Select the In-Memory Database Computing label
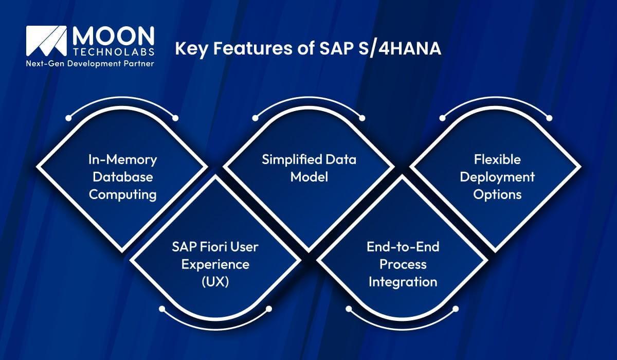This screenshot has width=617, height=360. click(x=122, y=177)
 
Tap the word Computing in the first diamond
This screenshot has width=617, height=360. click(x=122, y=194)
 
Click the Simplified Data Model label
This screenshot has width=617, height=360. click(x=309, y=168)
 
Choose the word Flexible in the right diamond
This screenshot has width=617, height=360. click(x=497, y=159)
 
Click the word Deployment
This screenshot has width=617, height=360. click(x=497, y=177)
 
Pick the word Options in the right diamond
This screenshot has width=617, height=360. click(x=497, y=194)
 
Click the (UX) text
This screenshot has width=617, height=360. click(x=215, y=282)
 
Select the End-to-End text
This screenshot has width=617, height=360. click(x=403, y=247)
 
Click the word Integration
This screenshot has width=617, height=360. click(x=403, y=282)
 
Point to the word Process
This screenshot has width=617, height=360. click(x=403, y=264)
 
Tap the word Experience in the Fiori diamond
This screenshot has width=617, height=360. click(x=215, y=264)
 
